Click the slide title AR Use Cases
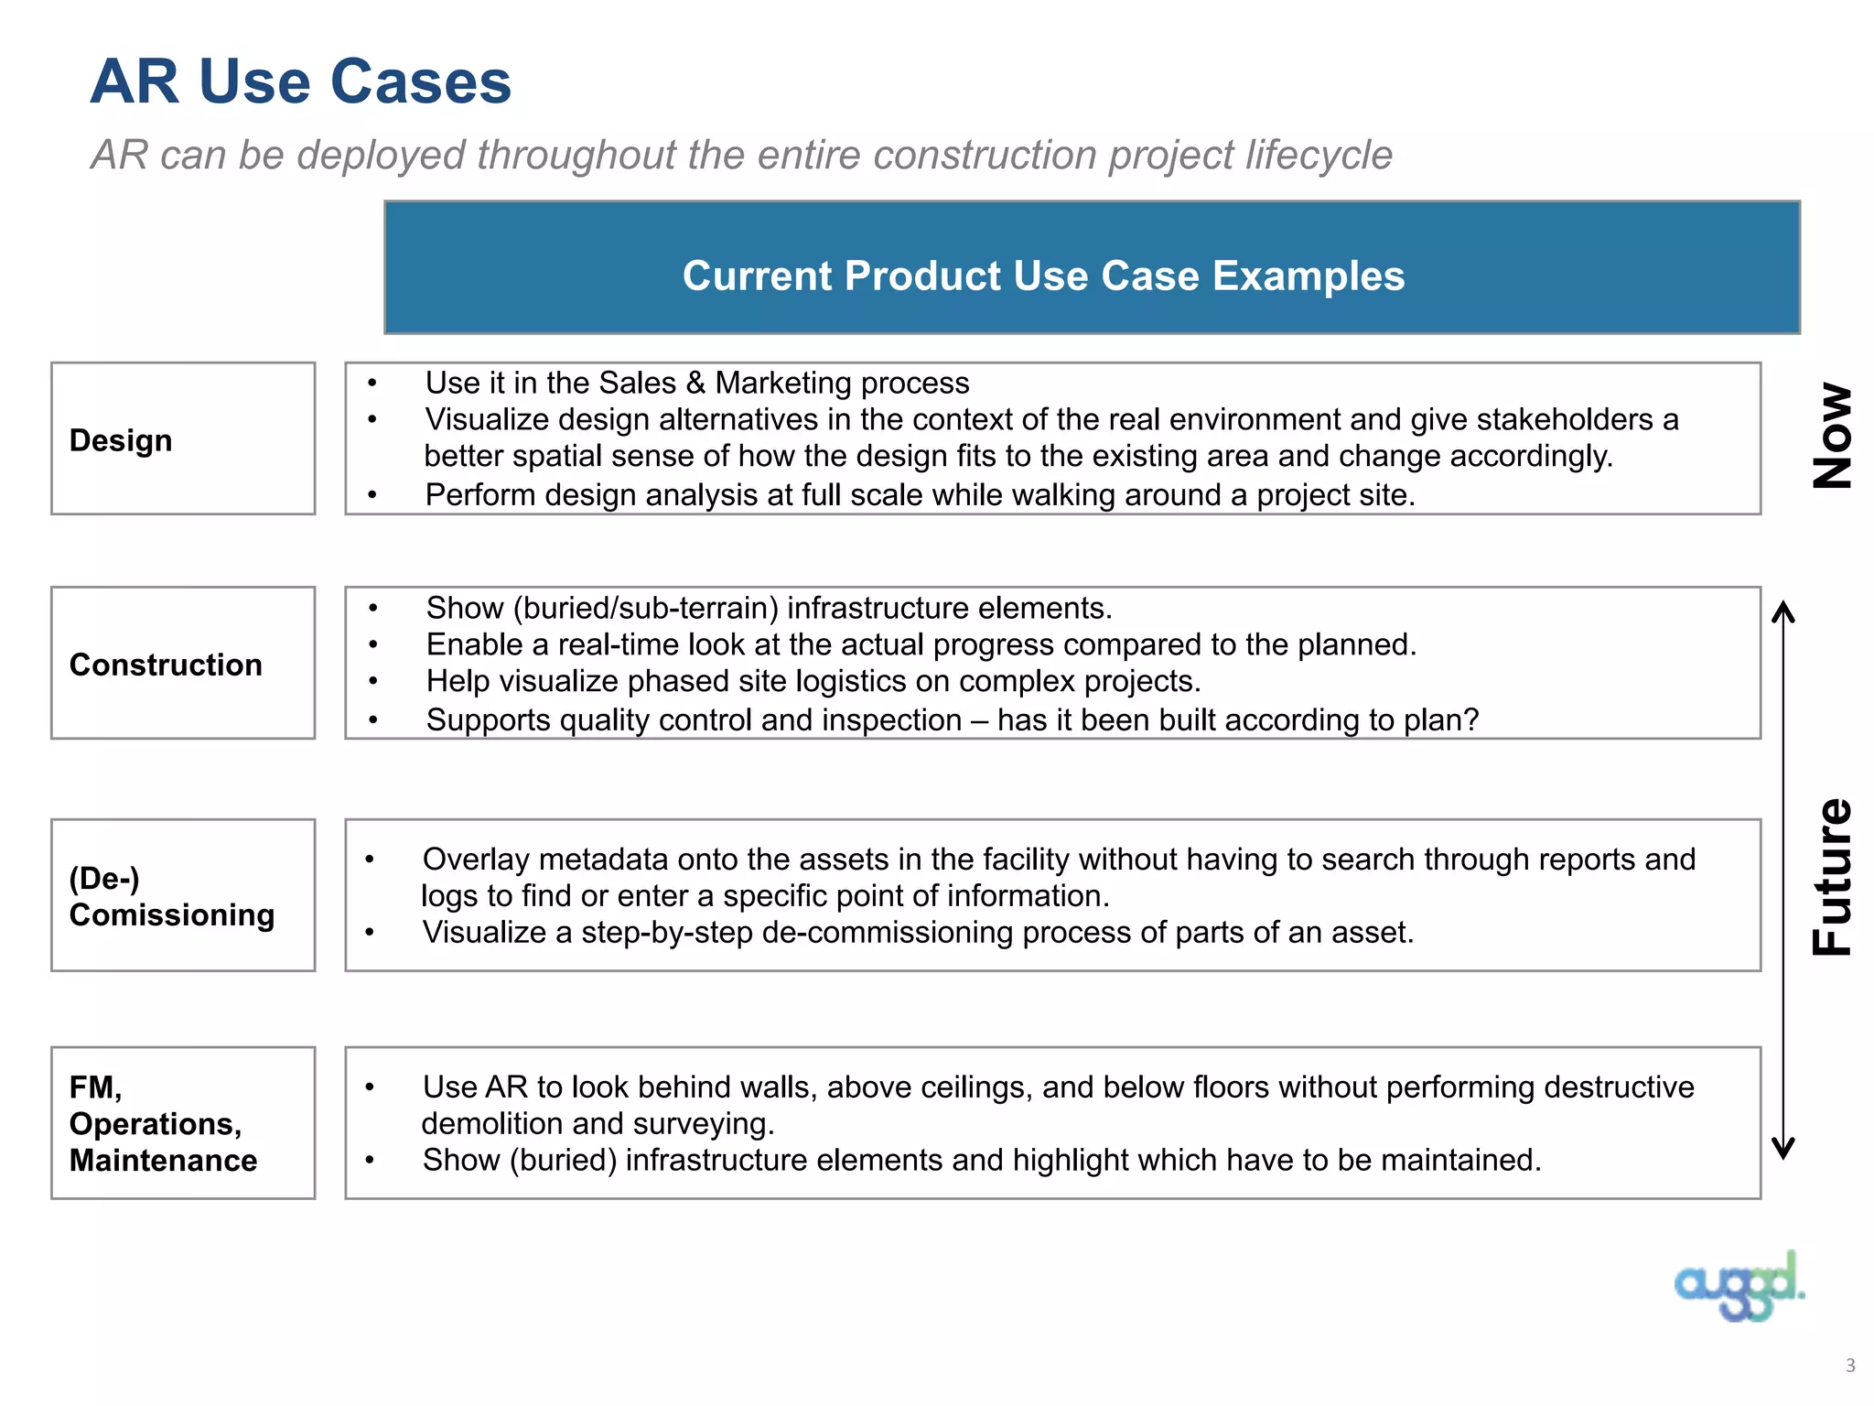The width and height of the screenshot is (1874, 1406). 300,82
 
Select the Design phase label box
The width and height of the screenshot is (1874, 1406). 183,438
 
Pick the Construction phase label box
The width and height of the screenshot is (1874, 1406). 183,663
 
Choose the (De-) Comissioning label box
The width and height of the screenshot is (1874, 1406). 183,895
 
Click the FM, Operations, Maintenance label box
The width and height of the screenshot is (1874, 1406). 183,1123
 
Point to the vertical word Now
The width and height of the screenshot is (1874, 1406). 1833,436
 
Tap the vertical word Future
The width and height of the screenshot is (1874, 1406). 1833,877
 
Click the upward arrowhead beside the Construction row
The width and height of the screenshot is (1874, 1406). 1783,612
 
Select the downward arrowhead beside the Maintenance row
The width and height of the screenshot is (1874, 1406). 1783,1148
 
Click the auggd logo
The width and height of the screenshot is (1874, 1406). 1739,1287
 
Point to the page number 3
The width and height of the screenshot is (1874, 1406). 1850,1366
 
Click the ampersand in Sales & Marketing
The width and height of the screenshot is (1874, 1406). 695,383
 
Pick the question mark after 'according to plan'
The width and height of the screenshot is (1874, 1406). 1470,719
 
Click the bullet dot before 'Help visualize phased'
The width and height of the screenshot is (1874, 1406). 373,682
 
